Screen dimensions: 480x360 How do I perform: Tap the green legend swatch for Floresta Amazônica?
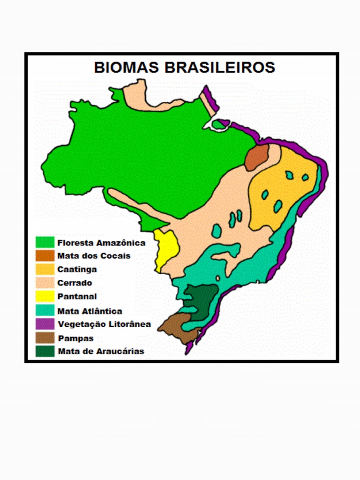pyautogui.click(x=45, y=242)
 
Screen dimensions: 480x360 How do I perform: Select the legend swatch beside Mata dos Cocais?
pyautogui.click(x=45, y=256)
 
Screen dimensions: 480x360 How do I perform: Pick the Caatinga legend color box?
pyautogui.click(x=45, y=270)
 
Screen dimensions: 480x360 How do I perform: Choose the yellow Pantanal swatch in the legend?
pyautogui.click(x=45, y=297)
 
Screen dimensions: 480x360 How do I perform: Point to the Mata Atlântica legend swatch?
pyautogui.click(x=45, y=310)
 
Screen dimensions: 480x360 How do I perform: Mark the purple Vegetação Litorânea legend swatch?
pyautogui.click(x=45, y=324)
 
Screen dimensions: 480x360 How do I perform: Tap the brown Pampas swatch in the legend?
pyautogui.click(x=45, y=337)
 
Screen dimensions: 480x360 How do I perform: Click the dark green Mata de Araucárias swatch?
pyautogui.click(x=45, y=351)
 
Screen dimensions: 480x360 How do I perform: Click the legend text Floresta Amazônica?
pyautogui.click(x=101, y=243)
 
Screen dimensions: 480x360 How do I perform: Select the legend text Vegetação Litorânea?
pyautogui.click(x=104, y=324)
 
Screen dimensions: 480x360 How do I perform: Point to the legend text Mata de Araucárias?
pyautogui.click(x=101, y=351)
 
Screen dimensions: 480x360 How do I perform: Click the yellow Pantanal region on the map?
pyautogui.click(x=166, y=248)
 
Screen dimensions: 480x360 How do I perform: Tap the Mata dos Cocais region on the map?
pyautogui.click(x=256, y=157)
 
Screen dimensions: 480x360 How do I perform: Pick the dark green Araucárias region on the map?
pyautogui.click(x=202, y=298)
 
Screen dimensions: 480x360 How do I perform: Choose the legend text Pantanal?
pyautogui.click(x=77, y=297)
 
